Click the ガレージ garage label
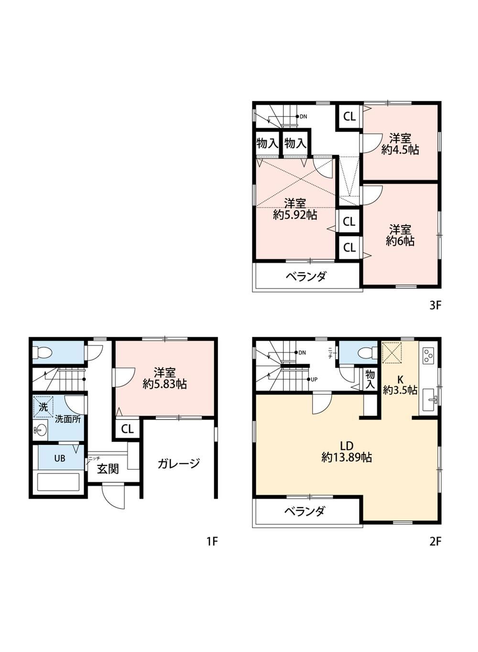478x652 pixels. pos(179,463)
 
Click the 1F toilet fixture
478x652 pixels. pos(43,354)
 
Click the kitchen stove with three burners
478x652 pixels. pos(428,356)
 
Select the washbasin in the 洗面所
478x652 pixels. pos(40,430)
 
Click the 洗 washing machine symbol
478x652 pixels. pos(43,407)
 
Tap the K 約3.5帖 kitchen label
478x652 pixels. pos(400,385)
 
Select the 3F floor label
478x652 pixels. pos(435,305)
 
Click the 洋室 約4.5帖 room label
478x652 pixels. pos(400,144)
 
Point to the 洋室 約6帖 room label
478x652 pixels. pos(400,235)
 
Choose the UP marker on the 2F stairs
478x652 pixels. pos(314,379)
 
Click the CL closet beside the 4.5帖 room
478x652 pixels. pos(349,117)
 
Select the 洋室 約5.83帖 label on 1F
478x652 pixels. pos(164,378)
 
